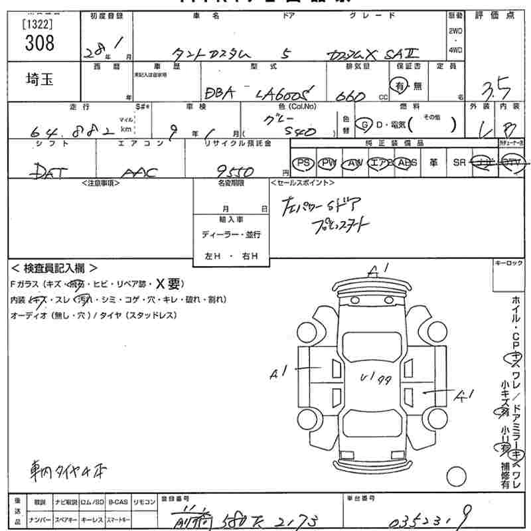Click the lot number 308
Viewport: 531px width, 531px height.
pos(39,44)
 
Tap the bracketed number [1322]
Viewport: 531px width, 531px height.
pos(39,24)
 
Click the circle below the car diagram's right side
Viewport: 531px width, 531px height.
pos(455,477)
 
